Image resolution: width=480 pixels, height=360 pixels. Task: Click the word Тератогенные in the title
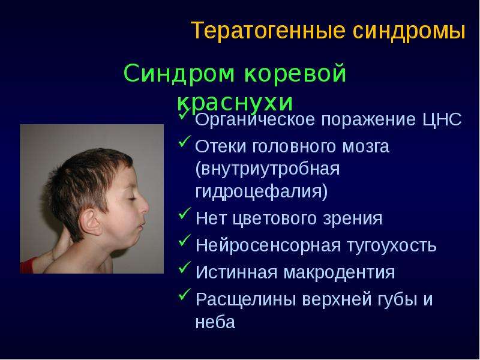coord(268,31)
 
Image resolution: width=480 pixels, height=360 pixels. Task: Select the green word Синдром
coord(179,74)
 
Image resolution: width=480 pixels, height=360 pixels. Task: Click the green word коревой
coord(295,73)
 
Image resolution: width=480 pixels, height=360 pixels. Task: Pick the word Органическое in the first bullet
coord(255,119)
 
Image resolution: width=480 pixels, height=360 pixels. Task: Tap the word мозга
coord(365,146)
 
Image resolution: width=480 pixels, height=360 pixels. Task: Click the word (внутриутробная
coord(267,169)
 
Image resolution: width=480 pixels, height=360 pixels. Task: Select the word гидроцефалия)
coord(262,191)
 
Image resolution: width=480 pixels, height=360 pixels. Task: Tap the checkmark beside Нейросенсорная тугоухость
coord(184,240)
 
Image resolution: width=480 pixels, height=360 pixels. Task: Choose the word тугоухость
coord(392,246)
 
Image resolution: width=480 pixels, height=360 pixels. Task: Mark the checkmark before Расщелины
coord(184,294)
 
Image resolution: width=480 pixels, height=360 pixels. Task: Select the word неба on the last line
coord(215,322)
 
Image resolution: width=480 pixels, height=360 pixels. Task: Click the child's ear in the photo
coord(90,222)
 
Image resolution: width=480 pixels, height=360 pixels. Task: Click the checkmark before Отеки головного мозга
coord(184,141)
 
